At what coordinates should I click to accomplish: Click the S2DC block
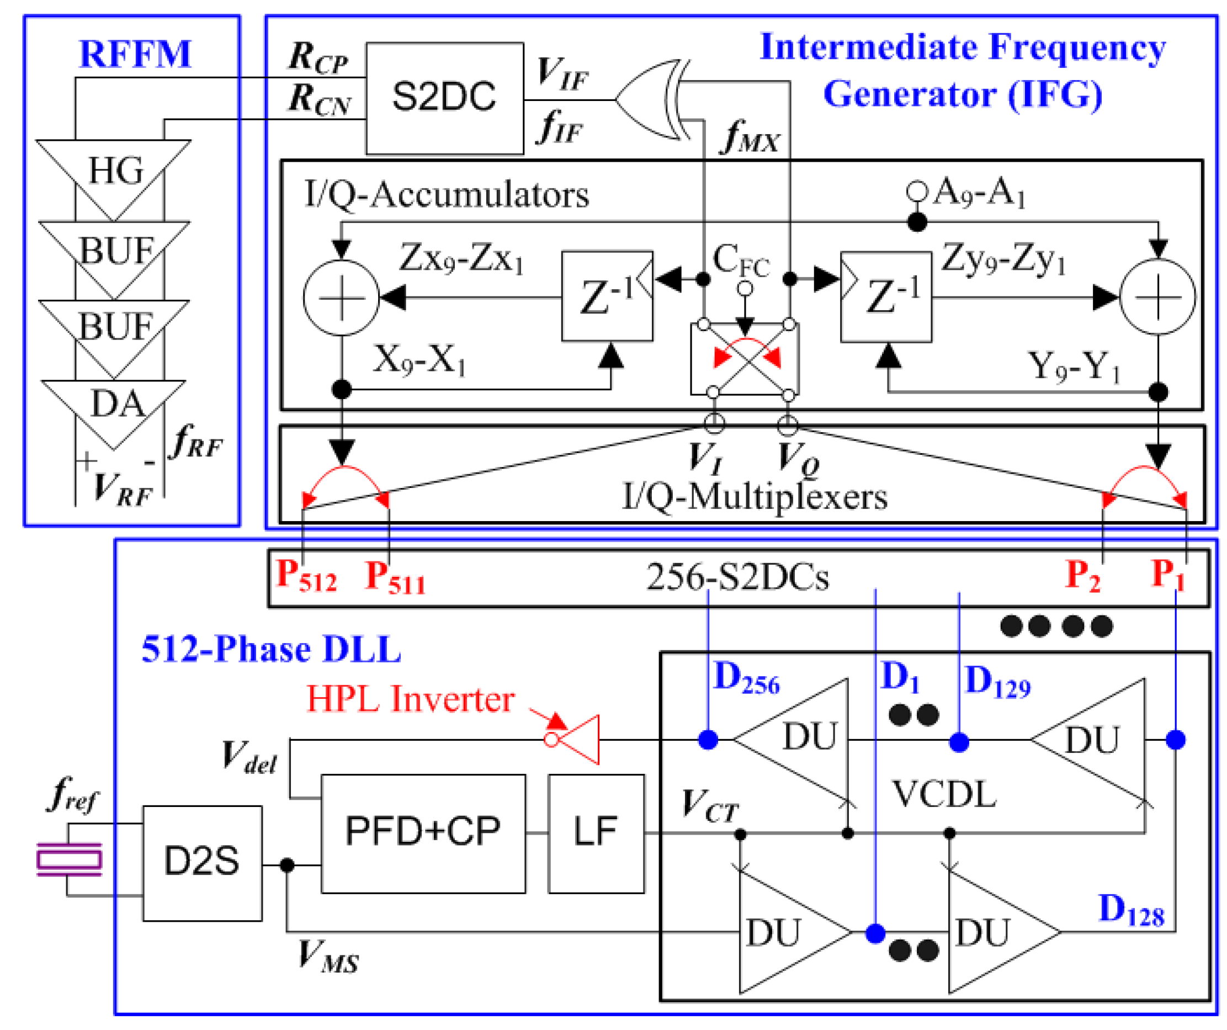(444, 98)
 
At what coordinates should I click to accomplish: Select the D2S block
(202, 863)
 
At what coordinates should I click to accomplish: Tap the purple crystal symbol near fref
(70, 859)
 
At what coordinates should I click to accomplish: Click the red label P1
(1167, 576)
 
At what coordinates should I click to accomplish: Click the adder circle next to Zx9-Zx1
(341, 298)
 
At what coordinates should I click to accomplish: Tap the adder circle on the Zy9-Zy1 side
(1157, 298)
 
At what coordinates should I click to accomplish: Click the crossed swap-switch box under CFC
(745, 359)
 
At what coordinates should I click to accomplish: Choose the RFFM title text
(135, 54)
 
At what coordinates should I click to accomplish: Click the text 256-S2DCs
(737, 578)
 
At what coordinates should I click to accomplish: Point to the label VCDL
(944, 794)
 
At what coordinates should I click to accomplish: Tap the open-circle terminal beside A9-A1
(916, 191)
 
